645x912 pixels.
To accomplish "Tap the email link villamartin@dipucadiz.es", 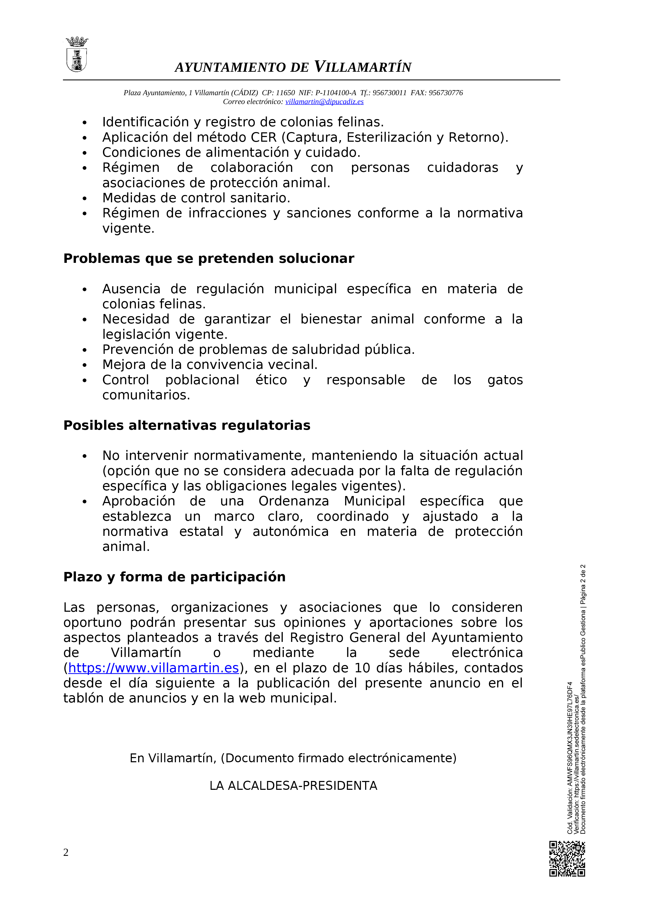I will (324, 102).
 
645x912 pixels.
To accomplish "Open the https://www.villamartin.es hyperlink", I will (153, 668).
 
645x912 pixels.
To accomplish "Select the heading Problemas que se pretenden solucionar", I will (209, 259).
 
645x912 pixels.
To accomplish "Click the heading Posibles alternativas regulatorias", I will (187, 425).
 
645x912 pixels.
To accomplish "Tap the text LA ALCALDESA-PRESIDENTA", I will (293, 786).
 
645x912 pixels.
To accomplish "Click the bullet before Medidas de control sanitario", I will (84, 198).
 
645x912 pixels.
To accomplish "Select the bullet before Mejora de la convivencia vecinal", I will (84, 365).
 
